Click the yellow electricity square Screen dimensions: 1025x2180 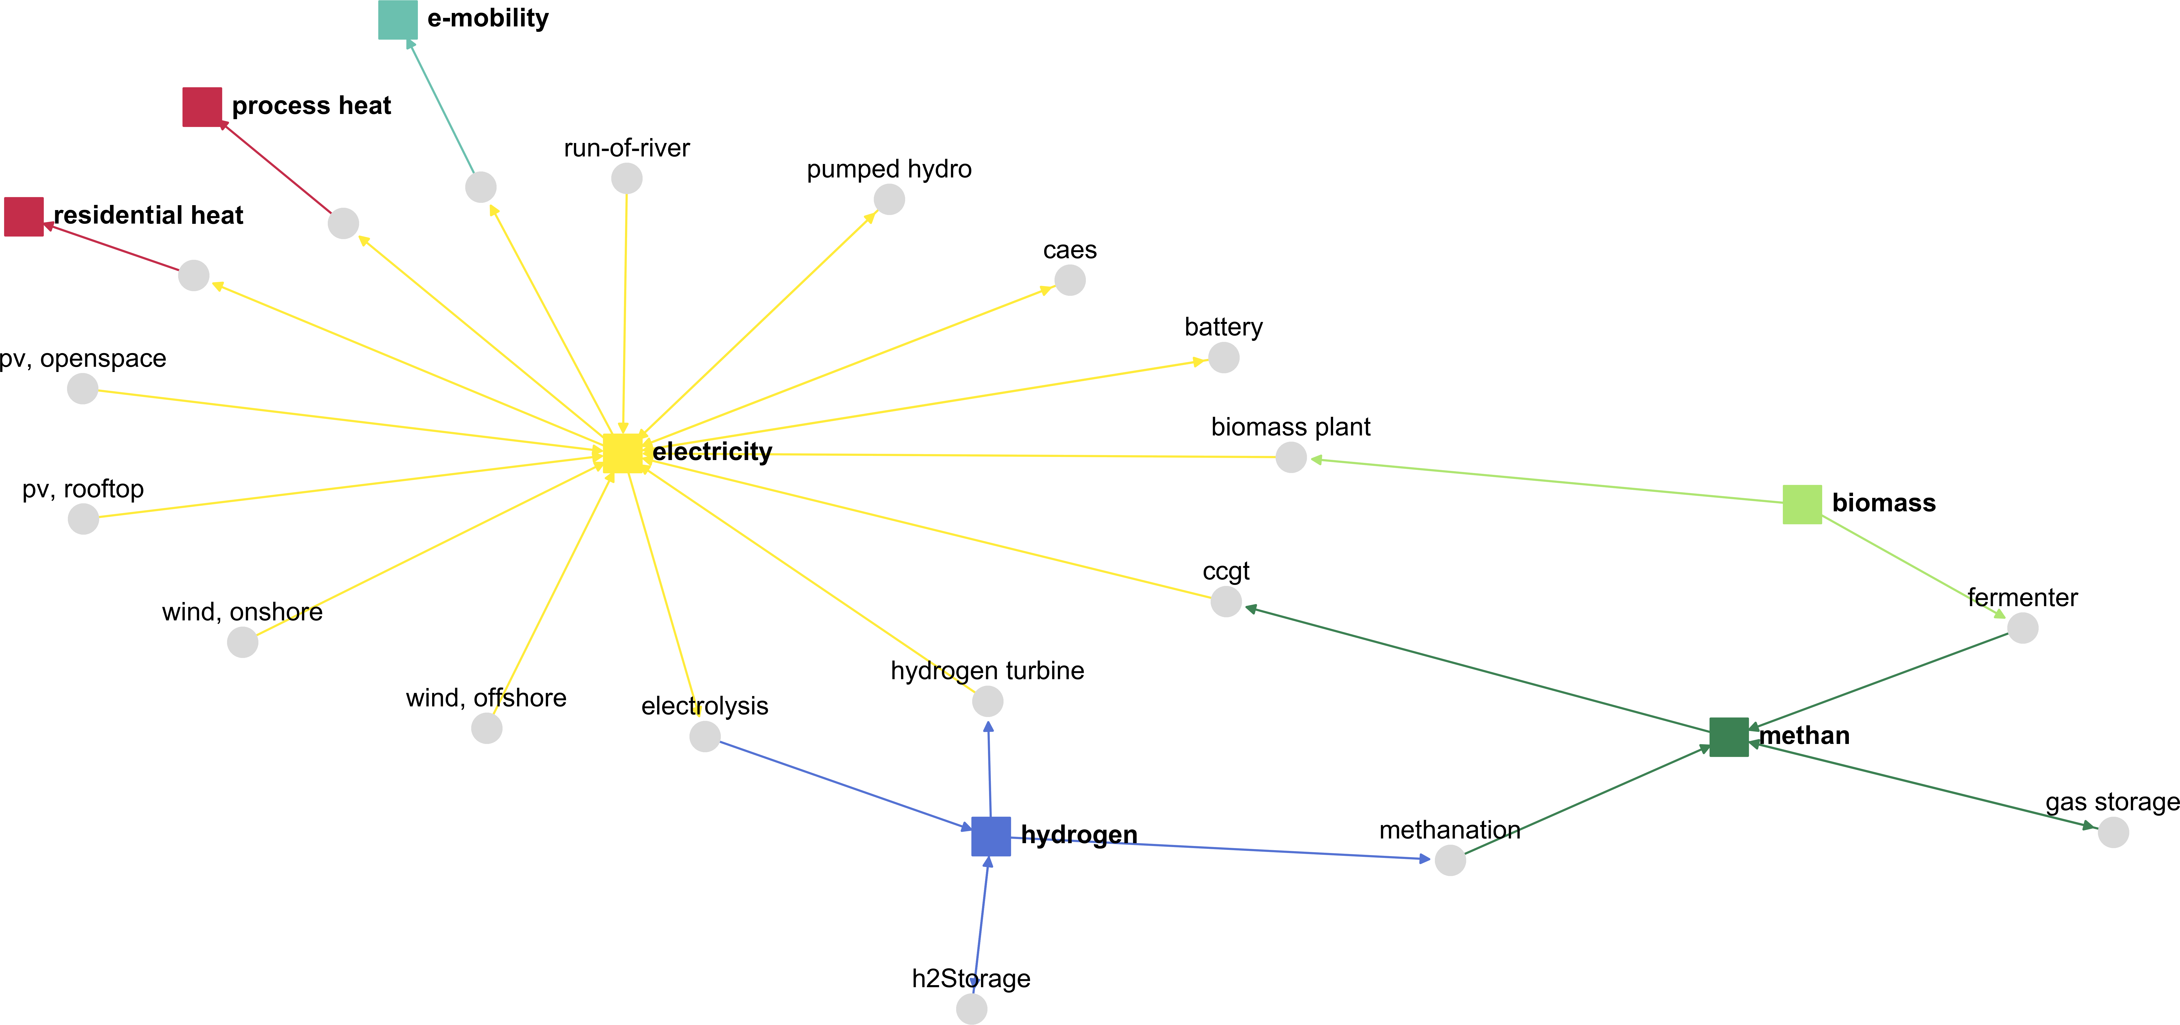pos(623,453)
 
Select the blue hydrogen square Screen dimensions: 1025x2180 pos(991,836)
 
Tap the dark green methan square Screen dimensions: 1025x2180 pos(1729,736)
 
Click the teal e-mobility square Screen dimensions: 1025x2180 pos(398,19)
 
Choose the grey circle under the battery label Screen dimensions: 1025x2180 pos(1224,357)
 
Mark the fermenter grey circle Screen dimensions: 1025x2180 pos(2023,628)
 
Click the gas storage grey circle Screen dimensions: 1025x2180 pos(2113,832)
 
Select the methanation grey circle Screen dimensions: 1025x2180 pos(1450,860)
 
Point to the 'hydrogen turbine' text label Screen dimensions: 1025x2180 pos(987,670)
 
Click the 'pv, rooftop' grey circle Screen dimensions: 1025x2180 pos(83,519)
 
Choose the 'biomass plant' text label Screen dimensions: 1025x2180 pos(1291,427)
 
